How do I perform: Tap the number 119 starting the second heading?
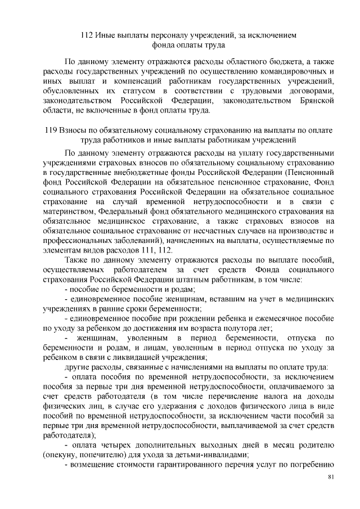(51, 130)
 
